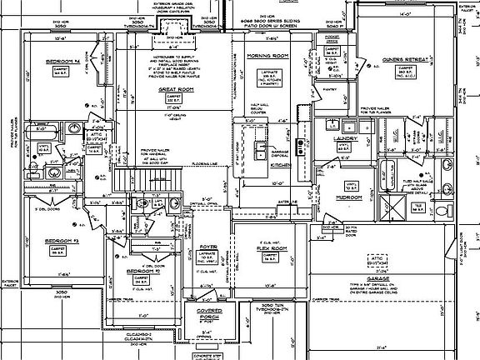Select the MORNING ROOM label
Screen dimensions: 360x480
[266, 56]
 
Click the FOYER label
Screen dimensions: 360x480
[207, 247]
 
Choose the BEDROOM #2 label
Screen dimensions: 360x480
[143, 271]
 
